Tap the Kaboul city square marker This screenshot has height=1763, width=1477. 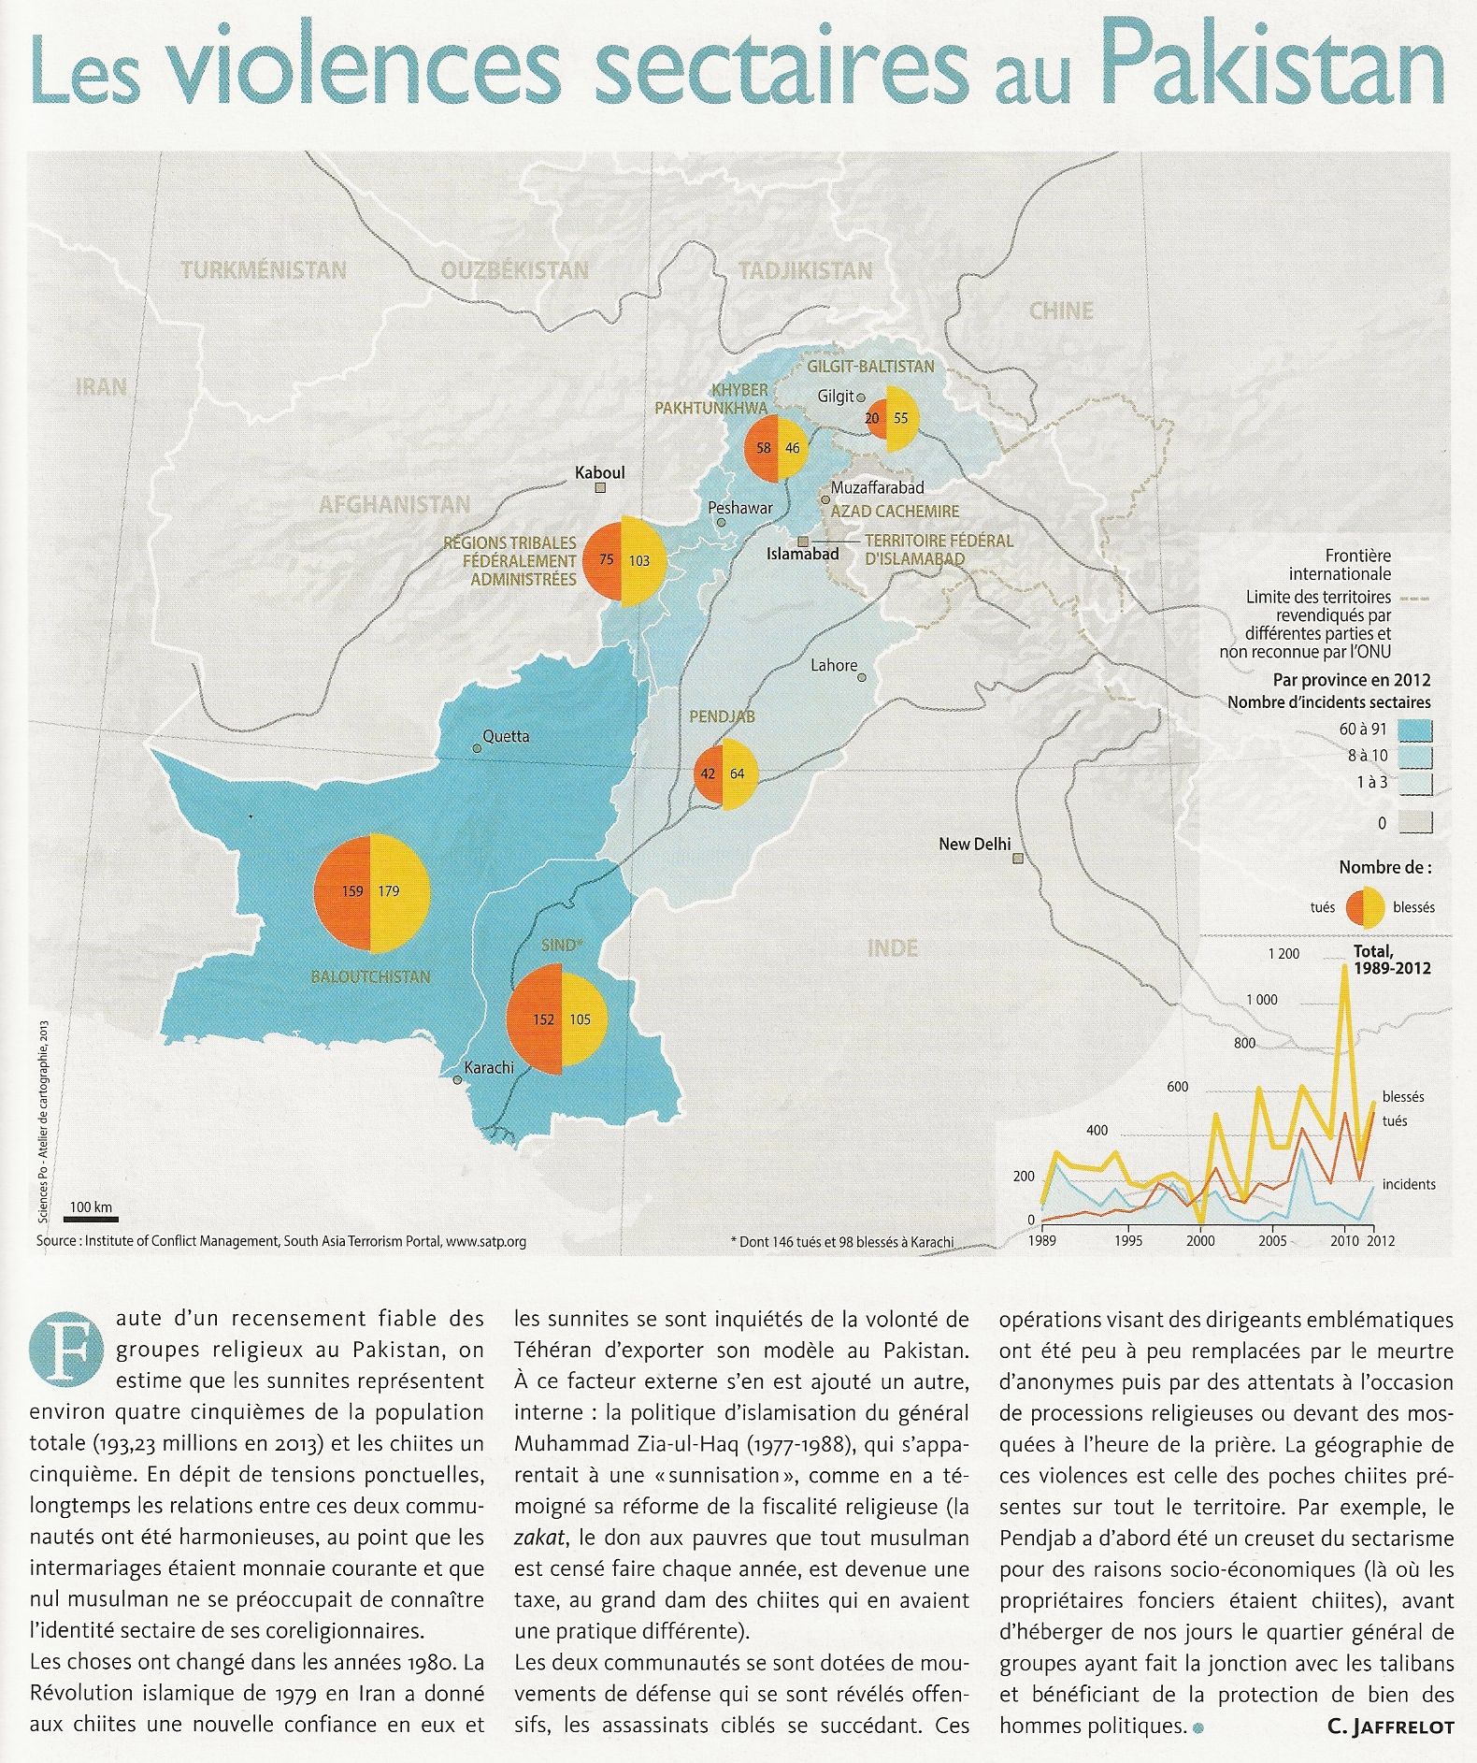click(x=601, y=488)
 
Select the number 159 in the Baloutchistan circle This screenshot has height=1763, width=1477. click(x=352, y=890)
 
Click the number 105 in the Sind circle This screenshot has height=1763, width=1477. click(x=580, y=1019)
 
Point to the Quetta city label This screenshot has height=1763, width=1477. click(x=506, y=736)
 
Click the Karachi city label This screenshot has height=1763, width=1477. click(x=489, y=1067)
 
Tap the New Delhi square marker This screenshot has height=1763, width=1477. click(x=1018, y=859)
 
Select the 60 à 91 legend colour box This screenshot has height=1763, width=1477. click(x=1417, y=730)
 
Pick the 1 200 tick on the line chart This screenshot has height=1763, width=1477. click(x=1283, y=954)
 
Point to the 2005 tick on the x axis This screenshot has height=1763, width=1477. click(x=1271, y=1241)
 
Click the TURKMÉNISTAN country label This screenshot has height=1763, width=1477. click(x=264, y=271)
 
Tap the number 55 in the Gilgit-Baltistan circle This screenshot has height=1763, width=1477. click(x=900, y=419)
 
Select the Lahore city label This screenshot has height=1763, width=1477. click(x=834, y=665)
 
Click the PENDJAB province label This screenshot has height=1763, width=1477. click(x=722, y=716)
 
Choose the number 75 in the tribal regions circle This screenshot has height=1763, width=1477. click(x=606, y=560)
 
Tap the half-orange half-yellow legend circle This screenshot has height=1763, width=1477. click(x=1365, y=906)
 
